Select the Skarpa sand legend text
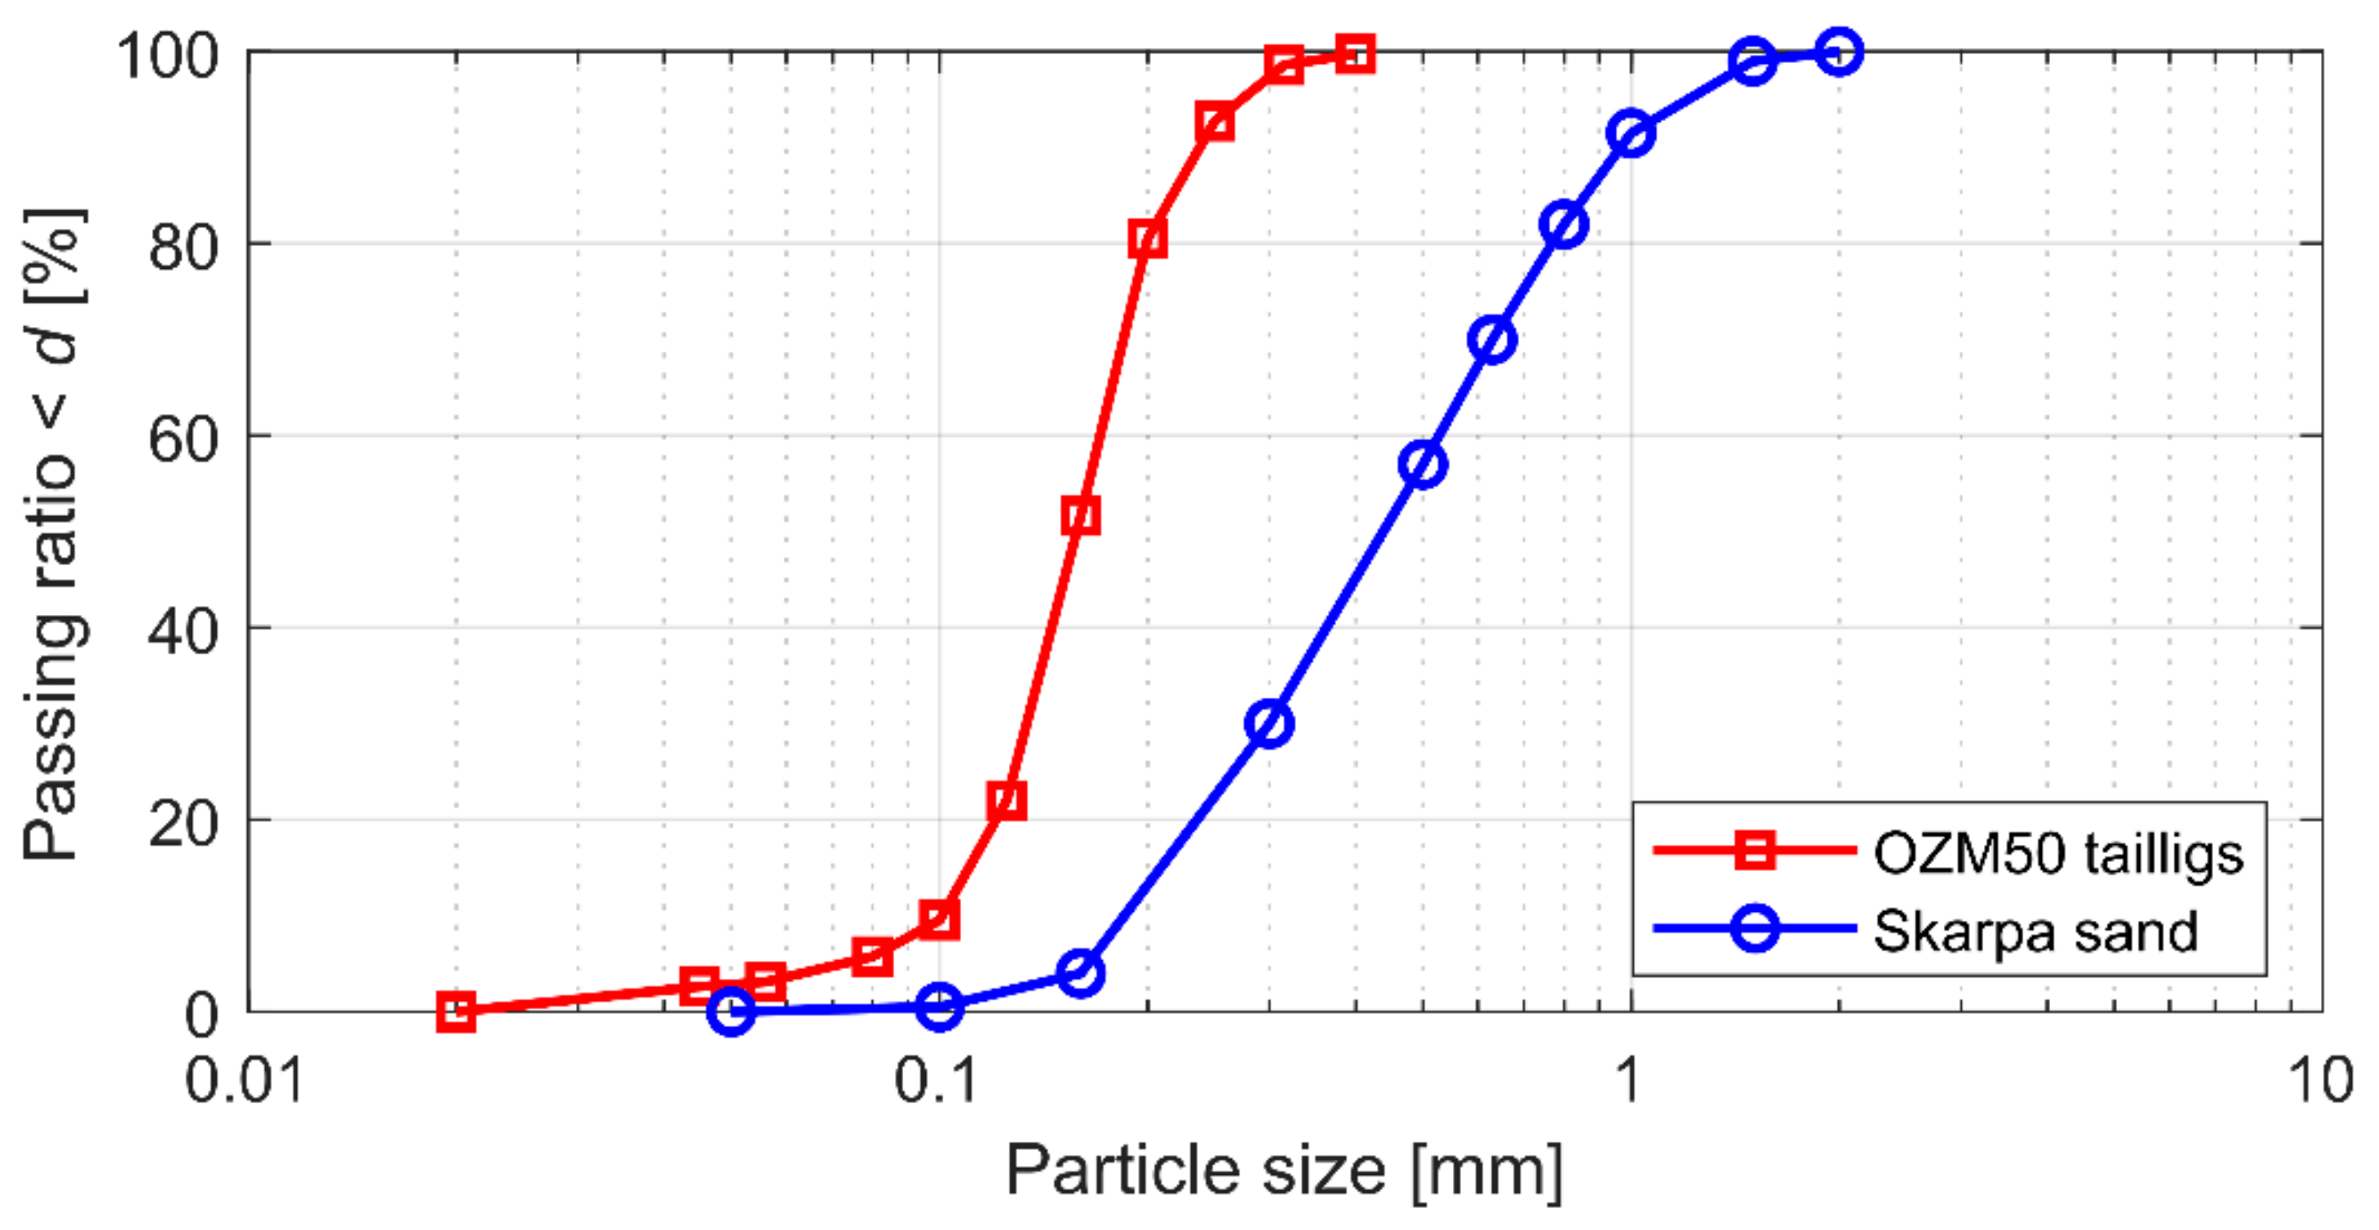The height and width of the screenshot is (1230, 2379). pos(2035,931)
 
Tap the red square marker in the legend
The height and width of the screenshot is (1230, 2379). pos(1754,850)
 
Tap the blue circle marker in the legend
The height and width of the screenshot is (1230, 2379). pos(1754,928)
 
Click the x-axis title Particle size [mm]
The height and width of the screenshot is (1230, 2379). pos(1284,1171)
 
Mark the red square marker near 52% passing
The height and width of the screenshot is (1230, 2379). pos(1081,515)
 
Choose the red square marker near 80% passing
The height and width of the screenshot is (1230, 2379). pos(1147,239)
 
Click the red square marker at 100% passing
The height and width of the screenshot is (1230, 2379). pos(1355,53)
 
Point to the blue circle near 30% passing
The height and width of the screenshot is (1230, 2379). pos(1269,723)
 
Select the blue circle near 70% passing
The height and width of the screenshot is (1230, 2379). pos(1491,340)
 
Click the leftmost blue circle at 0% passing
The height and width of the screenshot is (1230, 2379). pos(731,1011)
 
